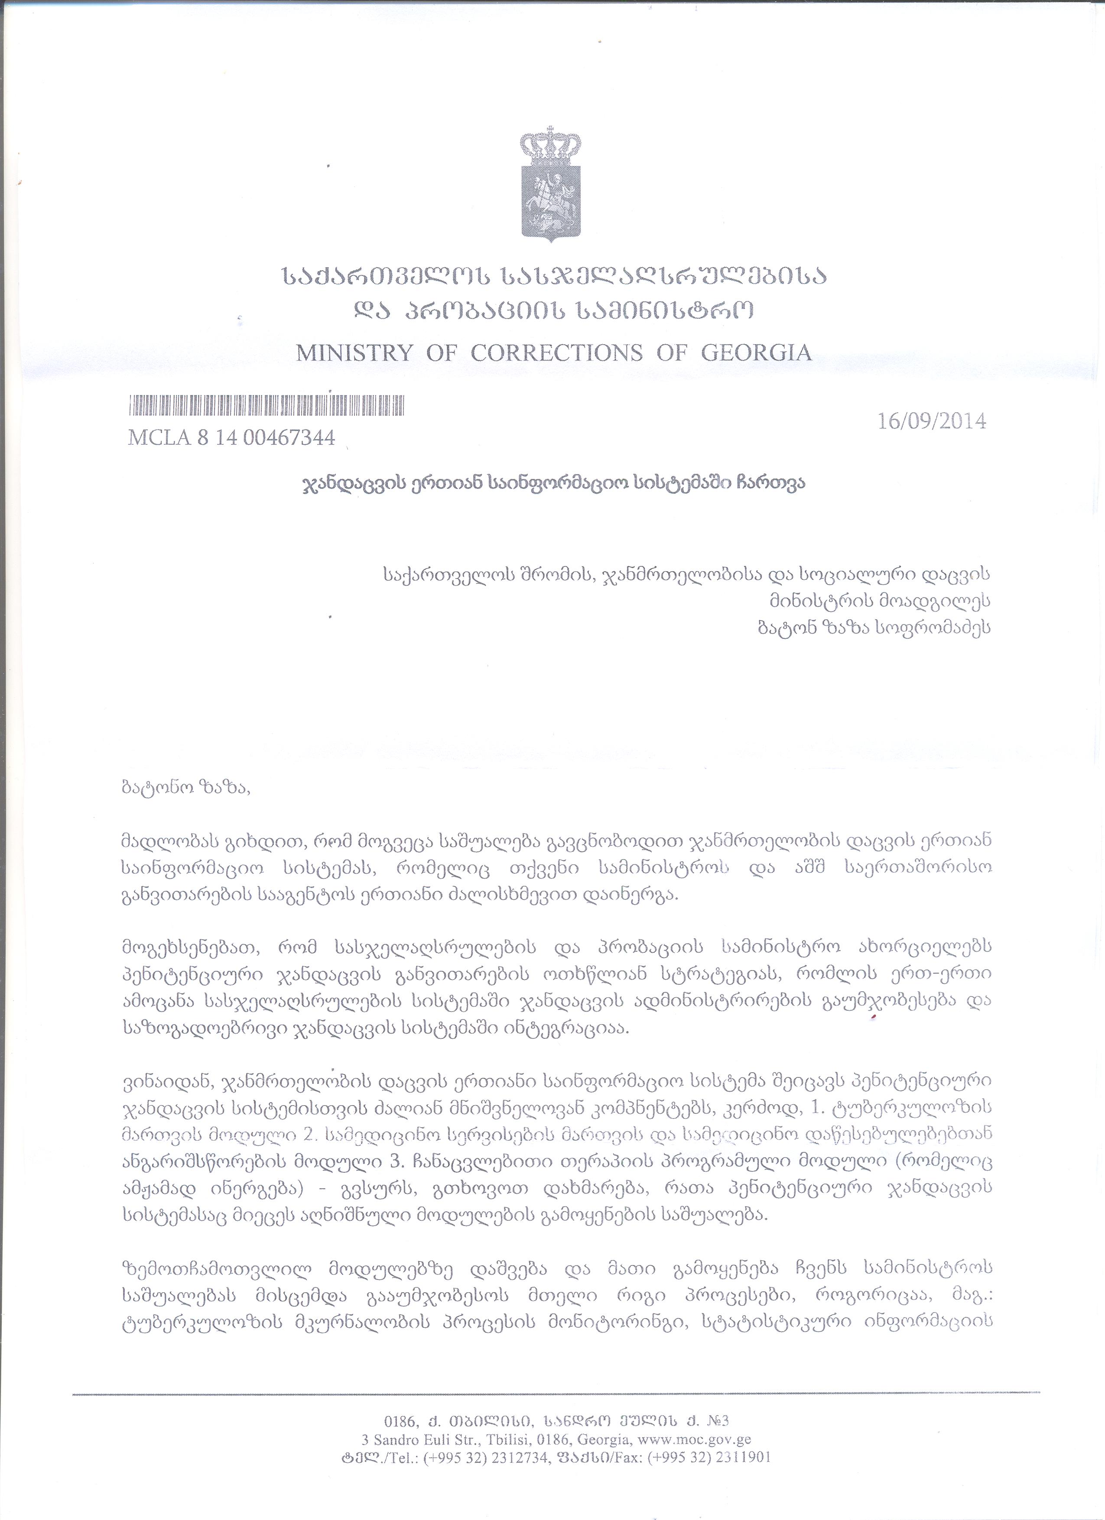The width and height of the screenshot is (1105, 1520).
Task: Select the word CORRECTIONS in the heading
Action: click(556, 353)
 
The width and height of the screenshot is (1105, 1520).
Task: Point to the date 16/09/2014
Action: click(931, 421)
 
